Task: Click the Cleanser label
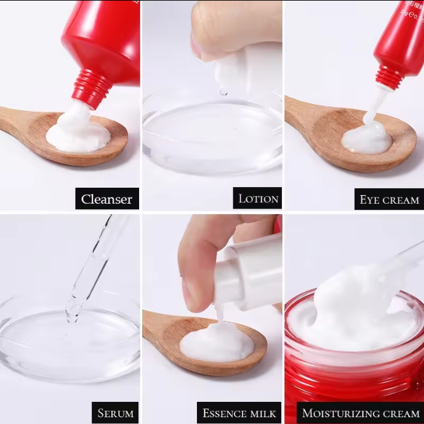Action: coord(107,199)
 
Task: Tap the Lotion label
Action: coord(259,198)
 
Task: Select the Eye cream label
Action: coord(390,199)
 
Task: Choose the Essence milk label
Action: coord(239,412)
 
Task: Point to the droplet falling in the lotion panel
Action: coord(223,92)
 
